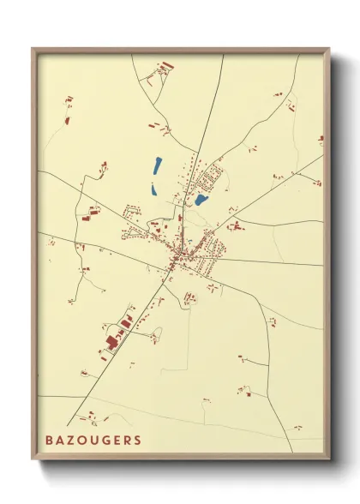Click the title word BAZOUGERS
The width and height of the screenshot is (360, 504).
click(x=95, y=441)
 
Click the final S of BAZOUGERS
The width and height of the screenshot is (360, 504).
click(x=138, y=441)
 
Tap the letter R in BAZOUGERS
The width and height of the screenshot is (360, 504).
click(x=128, y=441)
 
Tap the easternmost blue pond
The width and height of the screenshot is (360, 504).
click(x=201, y=200)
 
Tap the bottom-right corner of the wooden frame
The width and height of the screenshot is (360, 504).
click(x=329, y=460)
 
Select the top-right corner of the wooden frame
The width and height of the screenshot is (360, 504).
click(x=329, y=49)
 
